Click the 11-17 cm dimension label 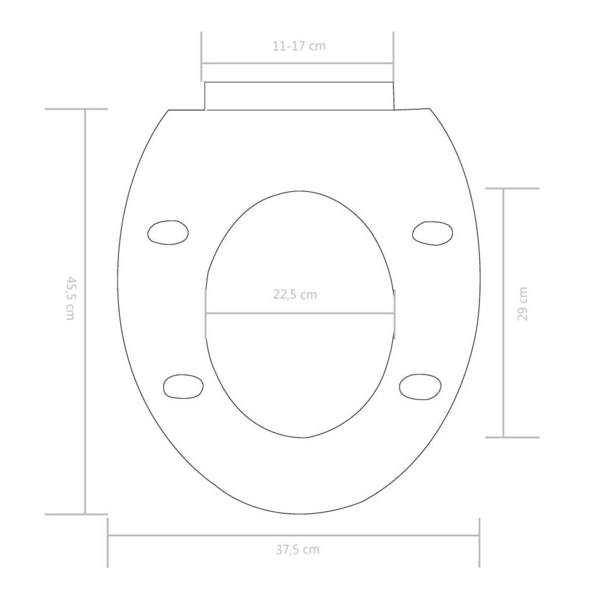(x=299, y=46)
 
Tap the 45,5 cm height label (x=71, y=298)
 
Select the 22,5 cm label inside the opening (x=295, y=295)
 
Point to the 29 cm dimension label (x=523, y=303)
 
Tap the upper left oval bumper (x=168, y=232)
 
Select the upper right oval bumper (x=432, y=233)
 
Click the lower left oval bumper (x=183, y=387)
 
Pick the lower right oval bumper (x=420, y=387)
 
